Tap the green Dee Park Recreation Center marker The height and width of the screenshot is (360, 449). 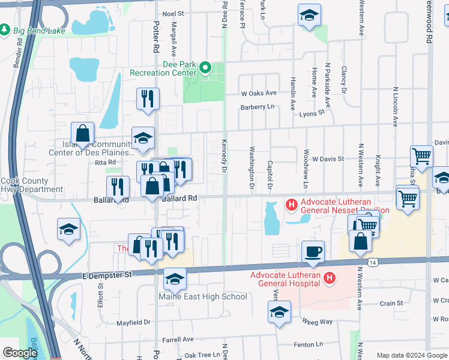(205, 67)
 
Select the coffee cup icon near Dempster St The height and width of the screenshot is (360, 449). (313, 251)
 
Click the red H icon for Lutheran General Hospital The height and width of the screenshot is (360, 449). (329, 278)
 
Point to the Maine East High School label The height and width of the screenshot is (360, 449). (202, 296)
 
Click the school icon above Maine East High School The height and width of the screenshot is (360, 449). (175, 279)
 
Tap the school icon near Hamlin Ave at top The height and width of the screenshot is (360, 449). (309, 16)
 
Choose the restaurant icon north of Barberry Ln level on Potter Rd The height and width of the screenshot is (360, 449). (148, 98)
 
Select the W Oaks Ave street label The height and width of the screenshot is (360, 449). (259, 93)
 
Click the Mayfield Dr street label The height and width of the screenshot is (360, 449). (133, 322)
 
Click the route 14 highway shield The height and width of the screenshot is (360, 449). (373, 262)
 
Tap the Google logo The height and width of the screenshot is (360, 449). (20, 353)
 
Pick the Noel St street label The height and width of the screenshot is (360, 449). (173, 13)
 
